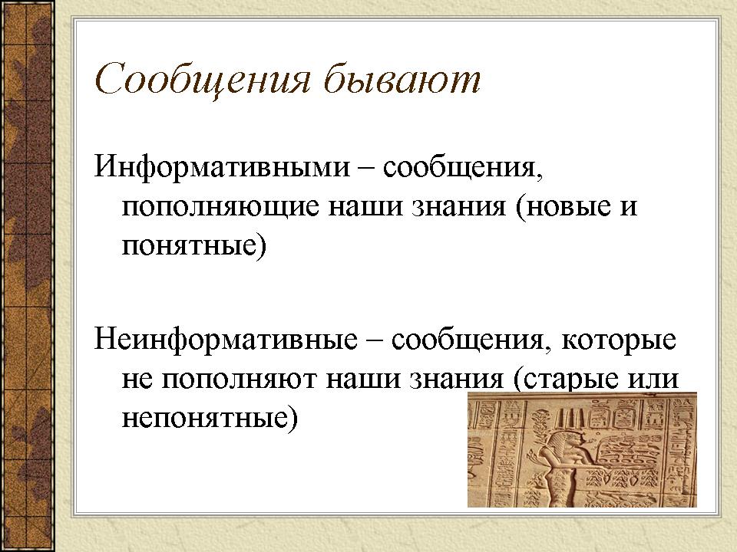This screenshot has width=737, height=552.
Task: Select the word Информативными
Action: point(223,167)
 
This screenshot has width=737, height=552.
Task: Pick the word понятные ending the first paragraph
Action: point(194,246)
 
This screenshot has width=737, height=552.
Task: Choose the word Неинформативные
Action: point(226,340)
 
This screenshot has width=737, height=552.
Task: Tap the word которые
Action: point(619,340)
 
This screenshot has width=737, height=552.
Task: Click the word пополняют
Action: point(240,379)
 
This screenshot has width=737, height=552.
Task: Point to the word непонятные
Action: point(210,418)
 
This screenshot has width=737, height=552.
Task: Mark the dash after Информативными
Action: point(367,168)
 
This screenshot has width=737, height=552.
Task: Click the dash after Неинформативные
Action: point(375,340)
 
